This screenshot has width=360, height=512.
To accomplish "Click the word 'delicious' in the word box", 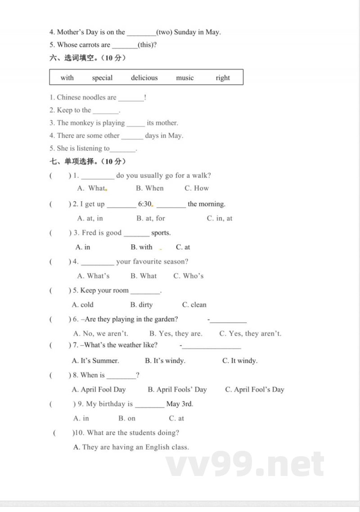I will pyautogui.click(x=144, y=78).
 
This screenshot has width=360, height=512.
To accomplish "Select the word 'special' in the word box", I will pyautogui.click(x=102, y=78).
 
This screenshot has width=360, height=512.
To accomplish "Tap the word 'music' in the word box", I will pyautogui.click(x=184, y=78).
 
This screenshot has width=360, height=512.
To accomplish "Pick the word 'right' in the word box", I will pyautogui.click(x=223, y=78).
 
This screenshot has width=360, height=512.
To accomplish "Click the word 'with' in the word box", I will pyautogui.click(x=67, y=78).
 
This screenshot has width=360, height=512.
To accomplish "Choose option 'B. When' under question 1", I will pyautogui.click(x=150, y=188).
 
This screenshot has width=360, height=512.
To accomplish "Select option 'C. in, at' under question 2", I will pyautogui.click(x=220, y=218).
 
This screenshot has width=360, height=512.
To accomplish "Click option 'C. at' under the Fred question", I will pyautogui.click(x=183, y=247).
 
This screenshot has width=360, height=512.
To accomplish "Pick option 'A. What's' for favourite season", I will pyautogui.click(x=93, y=276).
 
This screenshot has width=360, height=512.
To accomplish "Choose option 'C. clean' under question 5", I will pyautogui.click(x=194, y=305).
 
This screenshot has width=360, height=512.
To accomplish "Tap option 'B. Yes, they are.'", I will pyautogui.click(x=176, y=334).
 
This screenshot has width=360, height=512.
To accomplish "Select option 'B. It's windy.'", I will pyautogui.click(x=165, y=361).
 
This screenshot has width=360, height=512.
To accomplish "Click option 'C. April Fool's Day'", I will pyautogui.click(x=255, y=390).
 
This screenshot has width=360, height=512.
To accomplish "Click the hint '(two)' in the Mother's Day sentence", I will pyautogui.click(x=164, y=32).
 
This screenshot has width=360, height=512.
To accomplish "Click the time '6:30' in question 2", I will pyautogui.click(x=145, y=204).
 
